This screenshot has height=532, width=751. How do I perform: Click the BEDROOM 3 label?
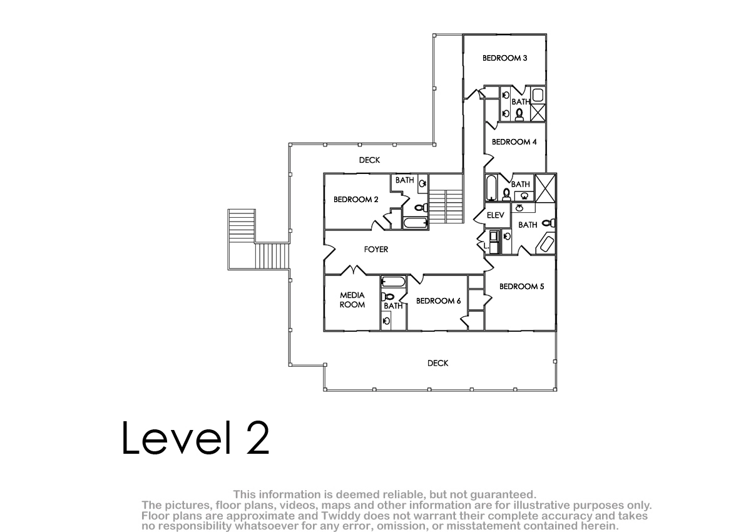504,58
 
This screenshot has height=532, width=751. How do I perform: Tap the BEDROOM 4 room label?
514,142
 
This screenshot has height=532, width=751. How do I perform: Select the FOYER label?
376,249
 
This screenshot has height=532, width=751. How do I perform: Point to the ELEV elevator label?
495,215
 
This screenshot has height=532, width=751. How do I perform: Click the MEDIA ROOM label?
352,300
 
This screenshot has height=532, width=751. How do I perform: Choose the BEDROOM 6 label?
438,300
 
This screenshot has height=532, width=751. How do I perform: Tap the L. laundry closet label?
486,246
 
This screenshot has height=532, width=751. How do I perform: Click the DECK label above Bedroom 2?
369,160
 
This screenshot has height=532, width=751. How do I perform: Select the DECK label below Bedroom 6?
437,363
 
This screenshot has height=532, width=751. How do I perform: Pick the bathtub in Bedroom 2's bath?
415,223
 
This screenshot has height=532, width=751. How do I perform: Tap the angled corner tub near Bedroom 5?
546,243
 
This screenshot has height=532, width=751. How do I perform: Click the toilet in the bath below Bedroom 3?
519,115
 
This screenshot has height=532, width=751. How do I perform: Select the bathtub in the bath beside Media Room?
393,281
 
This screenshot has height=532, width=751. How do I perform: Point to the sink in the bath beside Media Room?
386,322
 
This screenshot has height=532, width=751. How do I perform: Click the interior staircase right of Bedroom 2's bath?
446,206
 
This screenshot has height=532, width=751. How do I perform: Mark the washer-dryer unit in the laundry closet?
494,242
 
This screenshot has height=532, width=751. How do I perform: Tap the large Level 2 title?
195,437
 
